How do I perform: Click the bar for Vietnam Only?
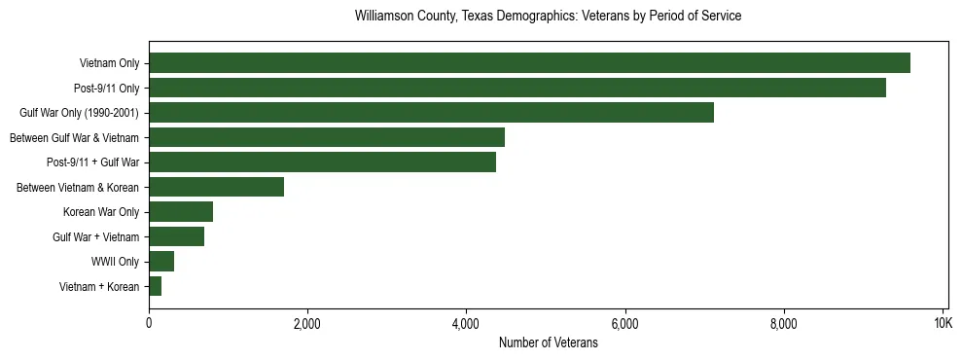[529, 63]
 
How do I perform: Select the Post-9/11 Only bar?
[517, 88]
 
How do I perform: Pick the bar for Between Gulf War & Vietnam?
[327, 137]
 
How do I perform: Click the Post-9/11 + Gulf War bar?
[322, 162]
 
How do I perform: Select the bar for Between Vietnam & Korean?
[216, 187]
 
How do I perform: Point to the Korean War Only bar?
[181, 212]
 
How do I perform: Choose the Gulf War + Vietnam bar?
[176, 236]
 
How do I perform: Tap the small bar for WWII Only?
[161, 261]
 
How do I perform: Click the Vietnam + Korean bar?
[156, 286]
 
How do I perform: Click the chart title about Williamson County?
[548, 17]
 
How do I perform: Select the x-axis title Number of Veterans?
[548, 342]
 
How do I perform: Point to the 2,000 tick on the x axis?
[307, 323]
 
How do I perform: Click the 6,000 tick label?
[624, 323]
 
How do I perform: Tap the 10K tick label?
[942, 323]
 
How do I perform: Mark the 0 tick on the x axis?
[149, 323]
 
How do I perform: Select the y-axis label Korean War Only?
[101, 212]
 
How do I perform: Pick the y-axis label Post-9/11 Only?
[106, 89]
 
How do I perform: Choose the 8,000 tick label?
[783, 323]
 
